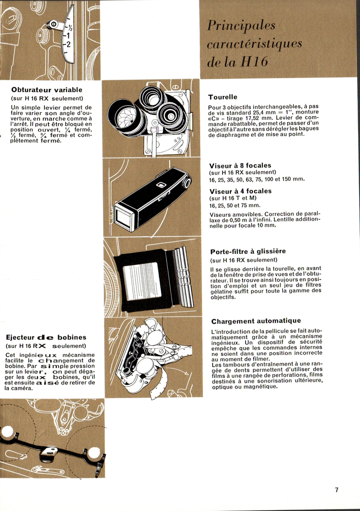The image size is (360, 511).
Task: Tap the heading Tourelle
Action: (223, 97)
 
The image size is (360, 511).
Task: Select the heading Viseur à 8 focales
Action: (240, 165)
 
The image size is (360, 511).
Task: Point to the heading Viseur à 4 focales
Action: (240, 191)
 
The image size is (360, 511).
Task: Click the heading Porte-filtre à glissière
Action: (248, 252)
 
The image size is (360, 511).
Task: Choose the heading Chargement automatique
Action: (256, 321)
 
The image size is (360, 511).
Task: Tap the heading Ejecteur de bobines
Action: (46, 337)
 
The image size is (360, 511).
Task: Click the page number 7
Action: (337, 490)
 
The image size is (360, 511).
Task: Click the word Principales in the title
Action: (241, 25)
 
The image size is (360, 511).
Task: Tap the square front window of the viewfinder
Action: (125, 219)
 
